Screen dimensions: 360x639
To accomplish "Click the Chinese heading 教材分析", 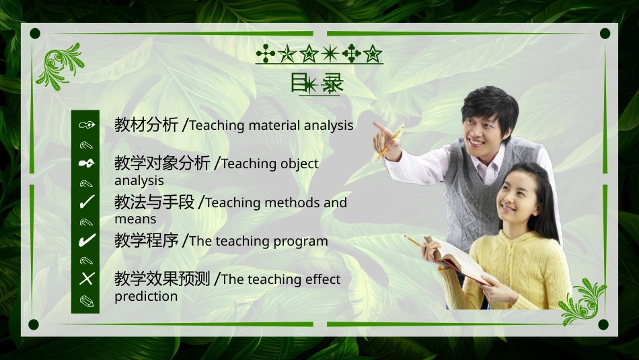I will tap(146, 124).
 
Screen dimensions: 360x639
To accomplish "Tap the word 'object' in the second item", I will tap(298, 164).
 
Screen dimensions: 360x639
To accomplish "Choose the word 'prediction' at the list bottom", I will tap(146, 296).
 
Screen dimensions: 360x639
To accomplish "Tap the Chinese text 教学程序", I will tap(146, 240).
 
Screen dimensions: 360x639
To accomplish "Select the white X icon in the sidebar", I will tap(86, 279).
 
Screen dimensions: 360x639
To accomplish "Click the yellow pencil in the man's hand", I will tap(390, 143).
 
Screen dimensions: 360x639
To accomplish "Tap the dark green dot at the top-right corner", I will tap(604, 33).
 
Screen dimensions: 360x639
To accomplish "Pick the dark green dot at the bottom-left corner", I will tap(35, 325).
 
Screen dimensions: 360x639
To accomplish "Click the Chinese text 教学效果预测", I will tap(162, 279).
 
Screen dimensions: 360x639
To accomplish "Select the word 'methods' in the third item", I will tap(291, 203).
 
